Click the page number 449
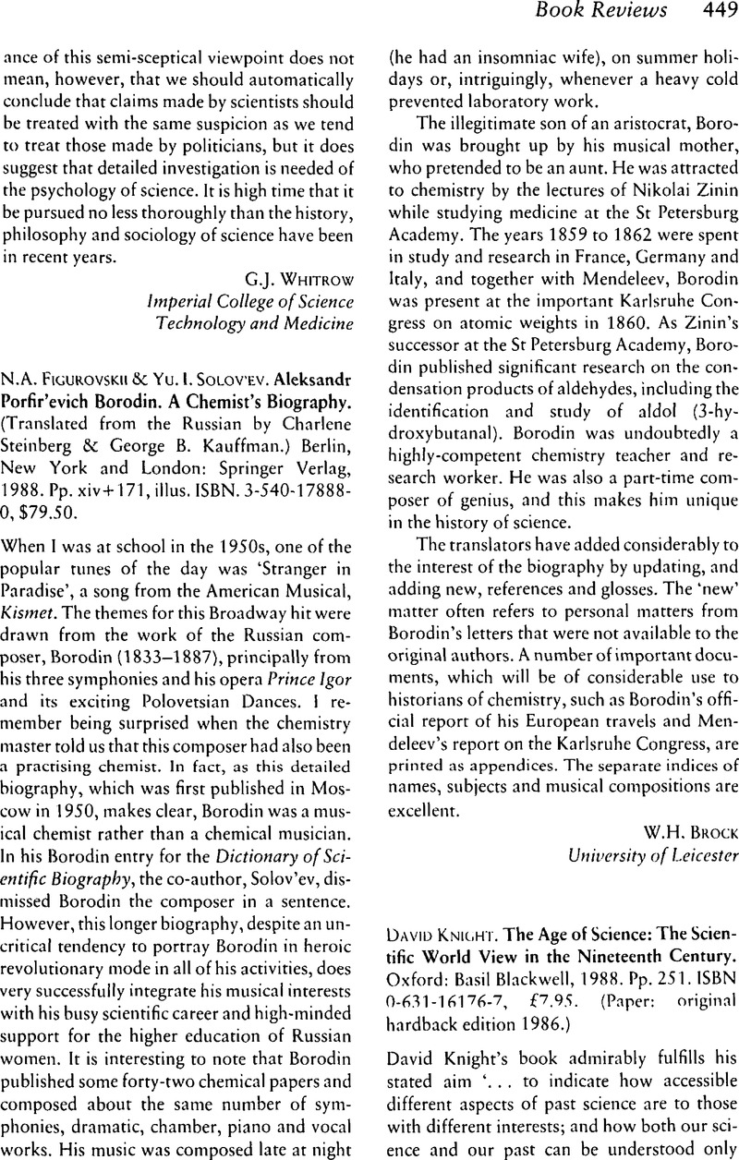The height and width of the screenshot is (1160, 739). point(715,12)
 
